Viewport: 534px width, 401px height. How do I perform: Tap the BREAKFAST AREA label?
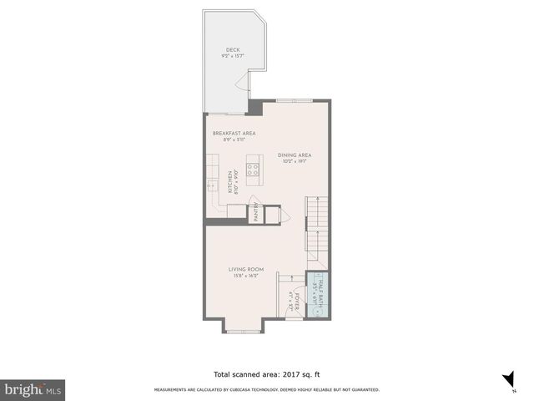tap(234, 133)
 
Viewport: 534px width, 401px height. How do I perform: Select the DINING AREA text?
tap(295, 155)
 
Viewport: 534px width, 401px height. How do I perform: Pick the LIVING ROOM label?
tap(247, 269)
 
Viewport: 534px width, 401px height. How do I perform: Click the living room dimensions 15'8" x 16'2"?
tap(247, 276)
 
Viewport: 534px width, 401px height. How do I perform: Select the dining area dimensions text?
tap(295, 162)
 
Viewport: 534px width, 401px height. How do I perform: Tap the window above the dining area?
tap(295, 99)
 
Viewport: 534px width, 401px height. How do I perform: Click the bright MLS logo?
tap(33, 390)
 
